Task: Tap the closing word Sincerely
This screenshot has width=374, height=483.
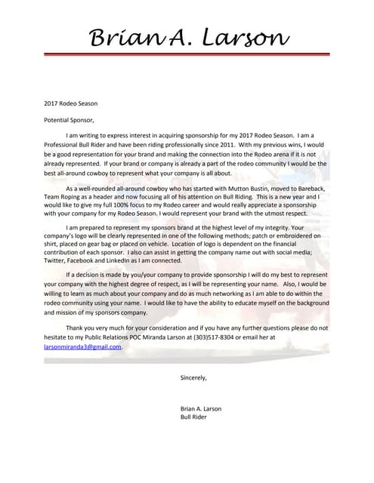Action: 193,377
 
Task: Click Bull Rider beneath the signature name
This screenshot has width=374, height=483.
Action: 195,417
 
